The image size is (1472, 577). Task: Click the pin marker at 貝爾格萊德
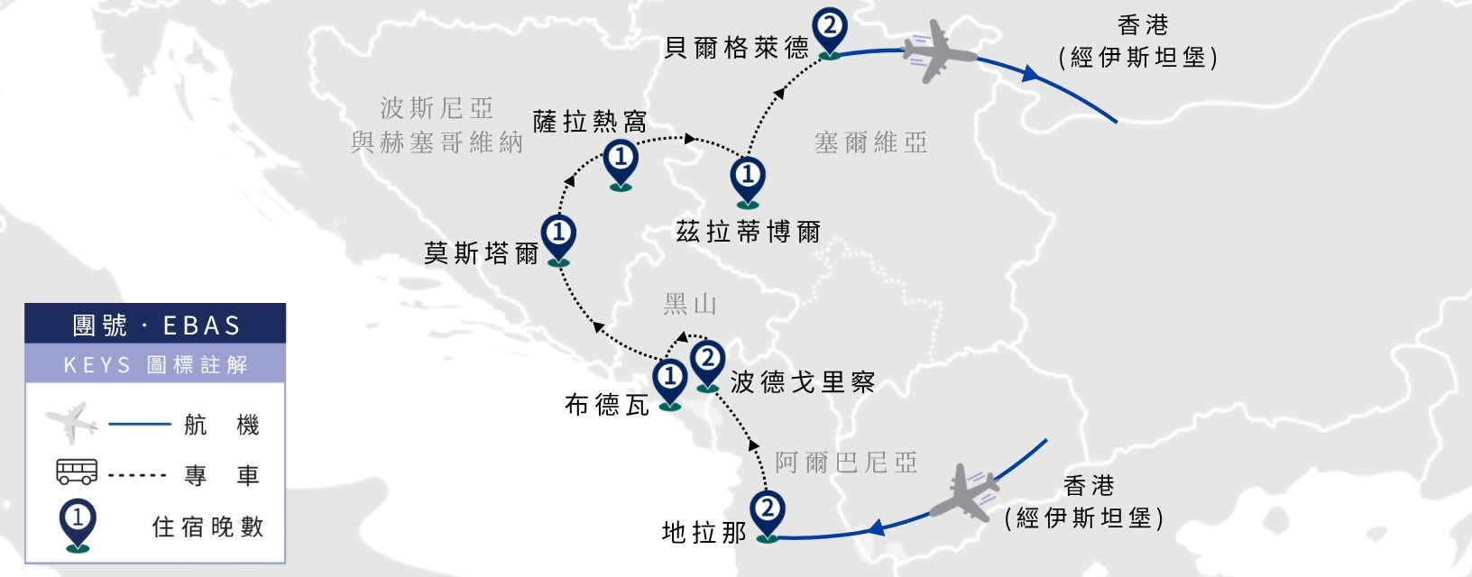[829, 32]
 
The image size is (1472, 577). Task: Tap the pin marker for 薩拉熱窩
[621, 164]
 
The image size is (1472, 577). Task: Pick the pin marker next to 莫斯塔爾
[558, 239]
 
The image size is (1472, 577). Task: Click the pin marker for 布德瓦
[669, 384]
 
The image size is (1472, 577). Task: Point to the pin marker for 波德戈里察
[708, 366]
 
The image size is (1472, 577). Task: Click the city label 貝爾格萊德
[737, 48]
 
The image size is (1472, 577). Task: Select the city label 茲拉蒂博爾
[749, 232]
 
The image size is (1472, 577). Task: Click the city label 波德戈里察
[803, 382]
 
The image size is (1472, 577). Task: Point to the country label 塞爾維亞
[870, 142]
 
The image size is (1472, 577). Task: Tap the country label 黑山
[690, 304]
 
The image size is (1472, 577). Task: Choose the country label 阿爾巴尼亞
[846, 463]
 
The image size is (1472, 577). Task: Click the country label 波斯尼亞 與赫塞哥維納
[437, 124]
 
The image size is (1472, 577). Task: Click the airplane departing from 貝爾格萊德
[937, 52]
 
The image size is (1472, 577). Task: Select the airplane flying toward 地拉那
[965, 493]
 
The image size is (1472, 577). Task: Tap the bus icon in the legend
[77, 472]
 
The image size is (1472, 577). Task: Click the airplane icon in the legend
[71, 423]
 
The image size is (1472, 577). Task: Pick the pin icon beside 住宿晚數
[78, 526]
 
